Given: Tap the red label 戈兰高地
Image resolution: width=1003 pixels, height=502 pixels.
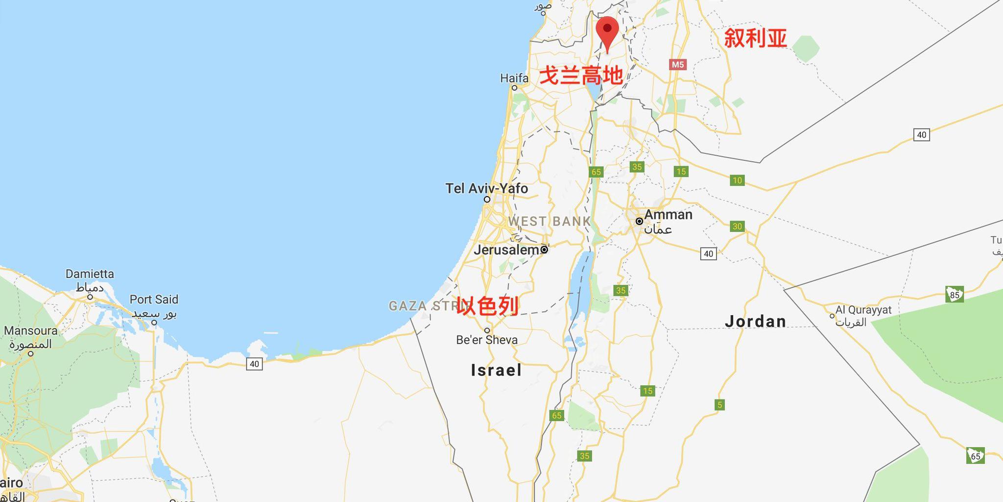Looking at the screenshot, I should (x=581, y=76).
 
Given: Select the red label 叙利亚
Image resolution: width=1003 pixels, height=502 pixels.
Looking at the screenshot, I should (x=755, y=38).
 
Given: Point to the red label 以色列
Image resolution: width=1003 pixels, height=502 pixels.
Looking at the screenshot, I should (x=487, y=306).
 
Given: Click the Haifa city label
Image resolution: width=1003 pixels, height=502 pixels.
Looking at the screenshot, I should (x=514, y=78).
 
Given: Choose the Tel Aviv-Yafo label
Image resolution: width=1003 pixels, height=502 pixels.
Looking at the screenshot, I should (x=486, y=189).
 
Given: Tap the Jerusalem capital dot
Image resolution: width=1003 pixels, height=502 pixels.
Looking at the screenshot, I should (x=544, y=250).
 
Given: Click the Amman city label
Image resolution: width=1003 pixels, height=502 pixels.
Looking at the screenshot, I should (x=668, y=215).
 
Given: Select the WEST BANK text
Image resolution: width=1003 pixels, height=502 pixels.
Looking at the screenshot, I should (x=549, y=222).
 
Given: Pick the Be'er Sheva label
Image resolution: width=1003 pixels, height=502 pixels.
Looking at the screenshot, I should (x=486, y=340).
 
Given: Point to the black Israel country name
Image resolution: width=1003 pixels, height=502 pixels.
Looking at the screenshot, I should (x=496, y=370).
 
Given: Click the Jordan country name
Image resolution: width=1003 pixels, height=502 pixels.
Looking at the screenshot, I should (x=755, y=322).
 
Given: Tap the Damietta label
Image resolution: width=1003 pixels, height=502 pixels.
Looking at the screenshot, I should (x=90, y=274).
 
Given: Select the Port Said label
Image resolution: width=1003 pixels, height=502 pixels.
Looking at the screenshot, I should (x=154, y=300).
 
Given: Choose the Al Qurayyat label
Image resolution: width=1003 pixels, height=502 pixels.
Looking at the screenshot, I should (x=863, y=310).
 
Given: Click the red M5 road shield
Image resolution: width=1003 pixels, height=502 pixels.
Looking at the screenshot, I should (x=677, y=64).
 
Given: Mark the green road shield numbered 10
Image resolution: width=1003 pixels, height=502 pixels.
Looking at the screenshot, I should (x=737, y=180).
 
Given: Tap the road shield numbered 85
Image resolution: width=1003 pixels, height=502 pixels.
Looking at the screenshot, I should (x=955, y=295).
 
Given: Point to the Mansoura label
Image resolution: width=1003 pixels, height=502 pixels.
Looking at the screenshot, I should (x=30, y=331).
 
